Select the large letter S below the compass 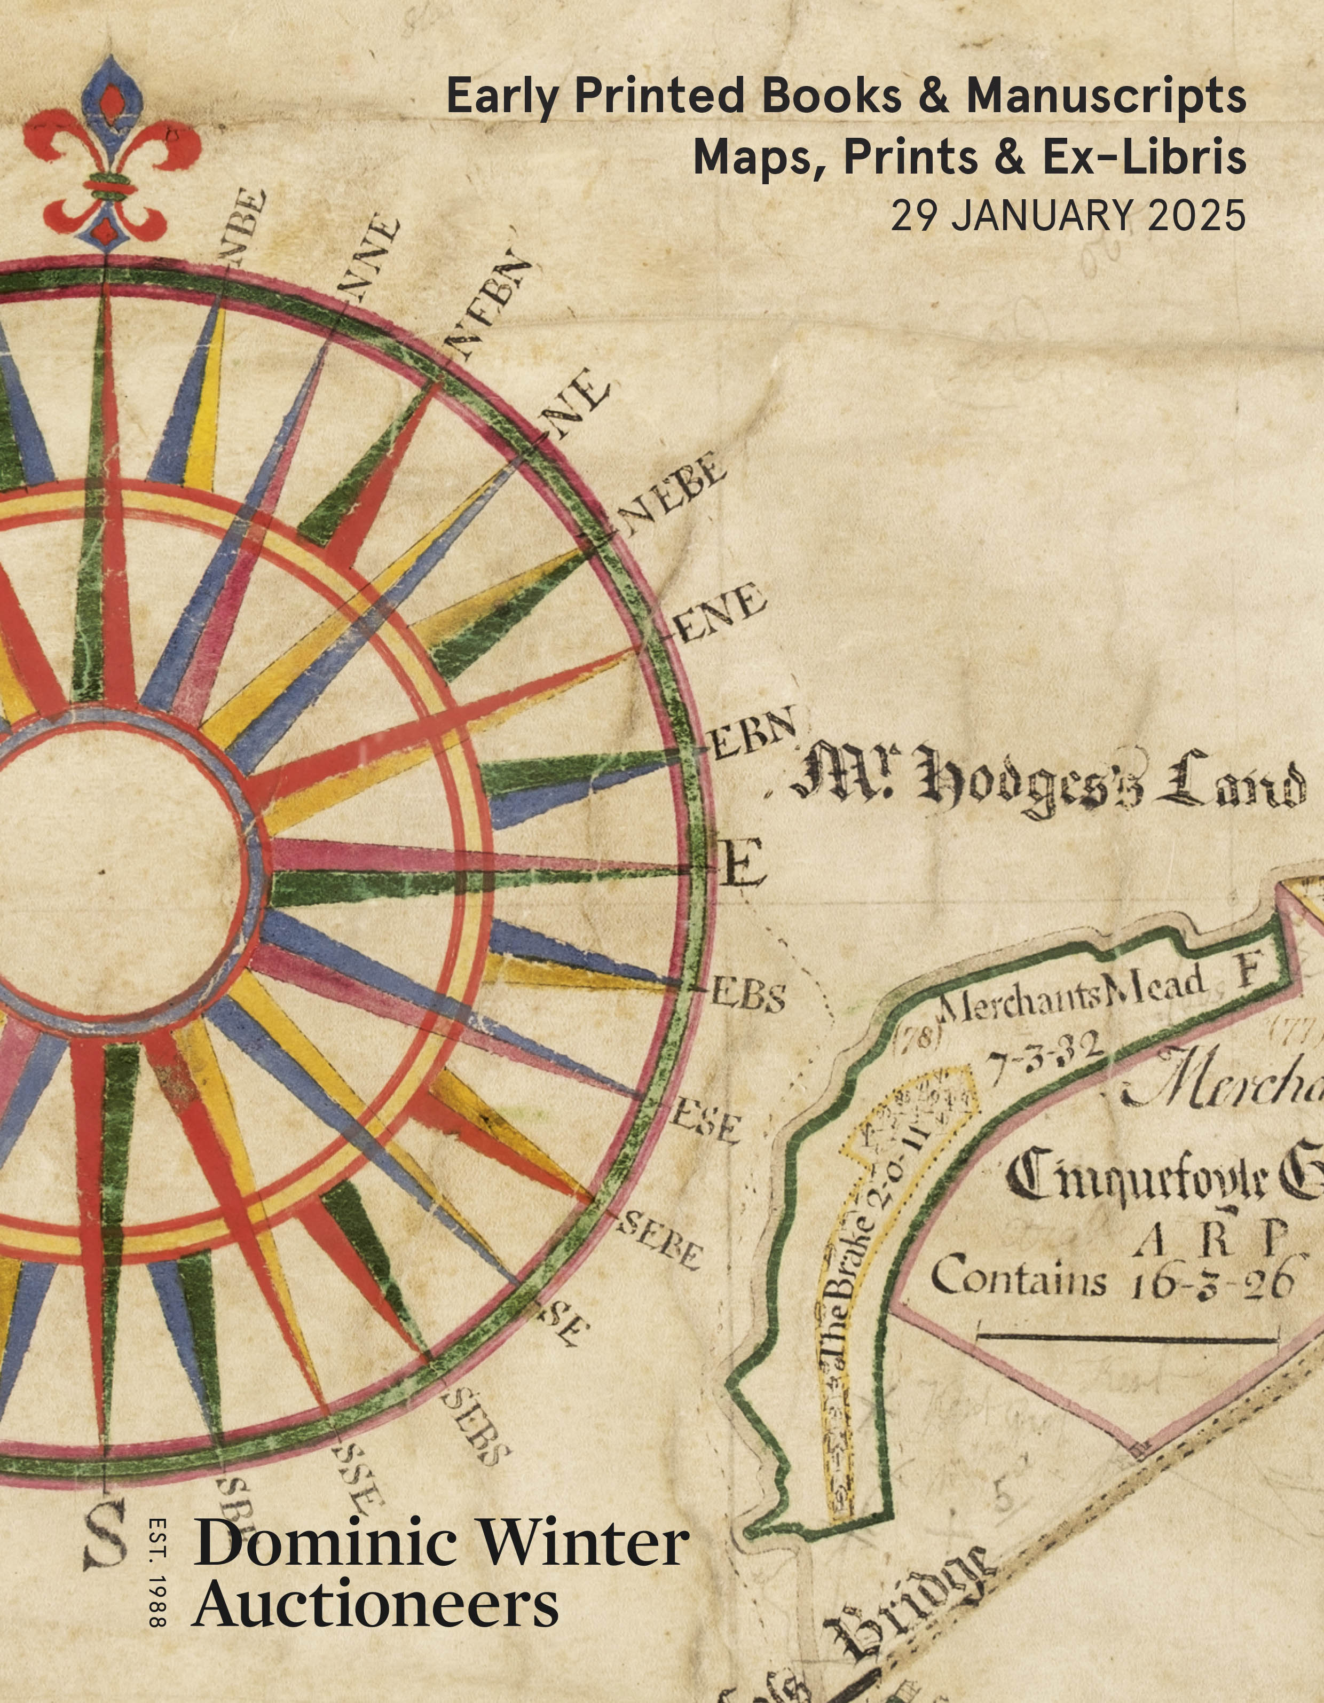click(106, 1535)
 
